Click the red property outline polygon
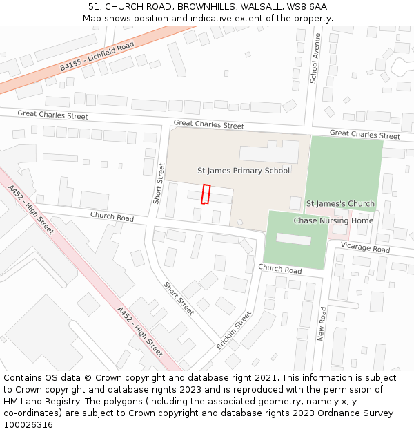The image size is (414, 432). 205,194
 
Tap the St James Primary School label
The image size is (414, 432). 244,171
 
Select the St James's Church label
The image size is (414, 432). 340,204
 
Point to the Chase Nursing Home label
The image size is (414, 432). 333,220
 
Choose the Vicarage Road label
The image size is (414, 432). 365,247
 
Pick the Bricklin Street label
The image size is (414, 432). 234,330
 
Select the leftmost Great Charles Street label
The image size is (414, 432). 52,115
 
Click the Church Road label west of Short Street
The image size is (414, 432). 112,217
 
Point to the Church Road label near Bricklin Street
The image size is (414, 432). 280,270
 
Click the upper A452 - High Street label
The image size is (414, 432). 31,209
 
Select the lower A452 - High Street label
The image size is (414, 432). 140,332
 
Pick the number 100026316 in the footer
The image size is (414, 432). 28,424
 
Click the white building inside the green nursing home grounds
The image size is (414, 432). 293,238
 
